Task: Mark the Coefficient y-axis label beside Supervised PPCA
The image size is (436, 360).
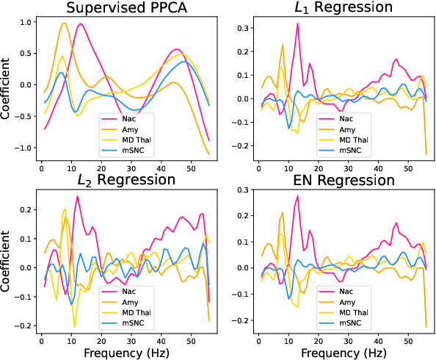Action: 7,85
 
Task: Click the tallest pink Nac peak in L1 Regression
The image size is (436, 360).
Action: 297,24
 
